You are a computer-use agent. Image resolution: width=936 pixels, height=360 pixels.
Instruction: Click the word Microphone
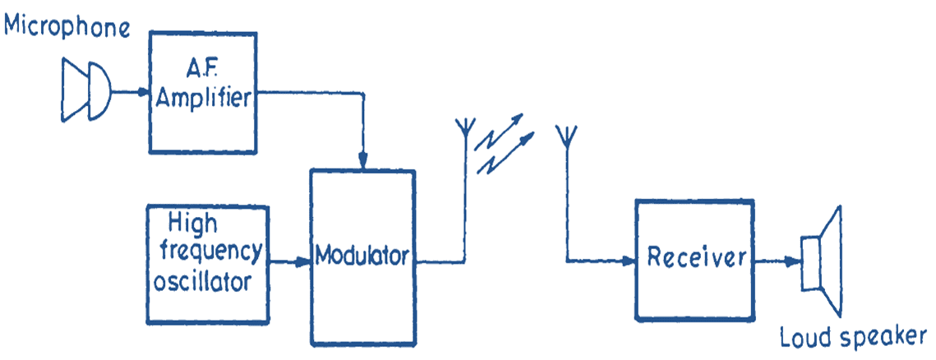tap(67, 26)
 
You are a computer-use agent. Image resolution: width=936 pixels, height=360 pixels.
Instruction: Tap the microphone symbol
tap(86, 90)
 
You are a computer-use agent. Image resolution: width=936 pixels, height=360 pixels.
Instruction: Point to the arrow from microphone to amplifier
tap(131, 90)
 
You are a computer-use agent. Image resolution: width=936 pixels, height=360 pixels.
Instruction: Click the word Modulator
tap(362, 256)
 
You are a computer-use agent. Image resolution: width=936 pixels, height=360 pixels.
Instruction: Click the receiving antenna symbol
tap(567, 133)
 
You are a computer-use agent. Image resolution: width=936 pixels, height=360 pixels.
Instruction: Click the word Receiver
tap(695, 256)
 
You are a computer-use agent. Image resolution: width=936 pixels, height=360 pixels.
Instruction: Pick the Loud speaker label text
tap(852, 337)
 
